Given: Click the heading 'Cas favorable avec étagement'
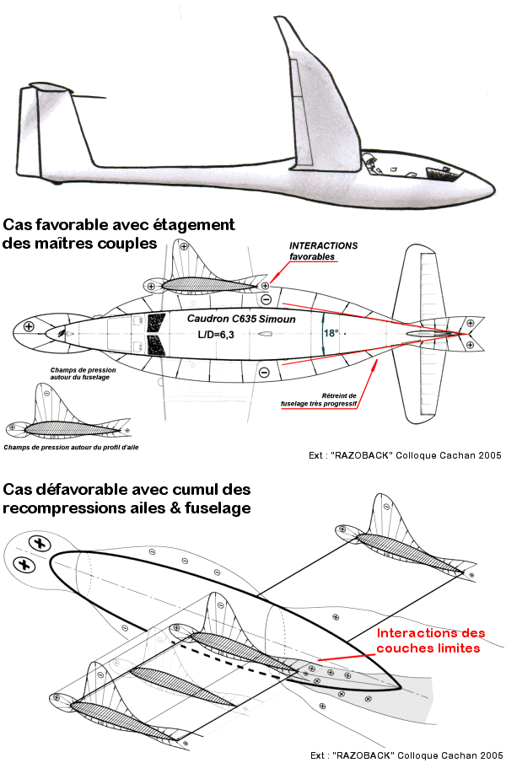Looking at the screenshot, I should click(x=119, y=226).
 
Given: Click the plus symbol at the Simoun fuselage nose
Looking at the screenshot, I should click(x=30, y=326).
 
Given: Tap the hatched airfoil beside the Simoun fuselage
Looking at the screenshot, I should click(x=207, y=285).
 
